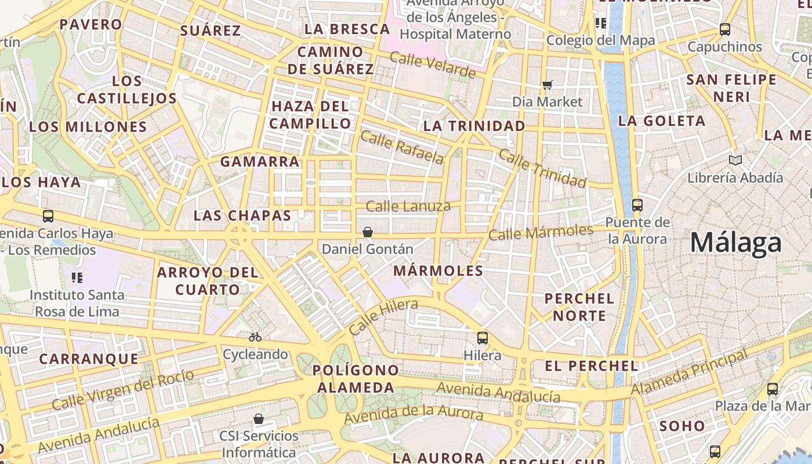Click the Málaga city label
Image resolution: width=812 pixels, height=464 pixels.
point(735,242)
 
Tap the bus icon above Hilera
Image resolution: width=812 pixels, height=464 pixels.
point(482,338)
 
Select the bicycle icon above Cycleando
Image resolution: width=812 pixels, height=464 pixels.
point(255,337)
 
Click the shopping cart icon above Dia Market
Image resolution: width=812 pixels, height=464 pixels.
point(547,85)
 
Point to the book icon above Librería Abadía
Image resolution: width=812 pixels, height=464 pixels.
point(735,160)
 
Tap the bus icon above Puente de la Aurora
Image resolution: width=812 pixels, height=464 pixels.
point(637,205)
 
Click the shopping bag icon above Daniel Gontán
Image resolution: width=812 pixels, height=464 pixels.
point(367,233)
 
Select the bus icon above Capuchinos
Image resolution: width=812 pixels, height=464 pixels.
point(724,29)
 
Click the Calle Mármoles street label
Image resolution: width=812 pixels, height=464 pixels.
point(541,232)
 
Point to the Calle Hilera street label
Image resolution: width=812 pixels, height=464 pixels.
point(383,317)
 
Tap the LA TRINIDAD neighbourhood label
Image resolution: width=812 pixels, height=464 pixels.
point(474,126)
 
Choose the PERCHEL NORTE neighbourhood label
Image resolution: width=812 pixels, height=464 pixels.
point(579,307)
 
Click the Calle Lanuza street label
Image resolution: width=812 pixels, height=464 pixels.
point(408,206)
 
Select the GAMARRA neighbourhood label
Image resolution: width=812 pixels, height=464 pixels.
point(260,162)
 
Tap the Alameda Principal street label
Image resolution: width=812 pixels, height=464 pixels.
point(689,373)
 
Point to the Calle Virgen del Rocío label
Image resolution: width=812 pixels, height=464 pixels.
point(122,389)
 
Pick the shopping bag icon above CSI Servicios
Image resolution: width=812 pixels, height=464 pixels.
point(259,419)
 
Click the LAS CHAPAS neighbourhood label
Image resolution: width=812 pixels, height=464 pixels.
point(242,216)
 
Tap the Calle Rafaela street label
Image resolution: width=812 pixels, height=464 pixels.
point(401,147)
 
